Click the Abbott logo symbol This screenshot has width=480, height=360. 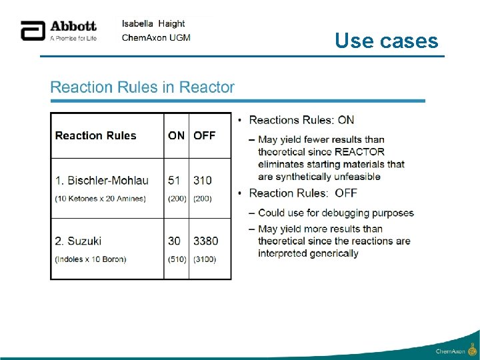[32, 31]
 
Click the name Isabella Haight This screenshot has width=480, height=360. [153, 23]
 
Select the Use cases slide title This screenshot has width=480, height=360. [387, 41]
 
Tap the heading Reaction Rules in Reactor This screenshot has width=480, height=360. [143, 87]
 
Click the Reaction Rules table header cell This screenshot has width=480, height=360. [95, 135]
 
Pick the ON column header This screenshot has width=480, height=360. [177, 135]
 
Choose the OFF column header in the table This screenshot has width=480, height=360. [205, 135]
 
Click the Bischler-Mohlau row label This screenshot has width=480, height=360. [102, 181]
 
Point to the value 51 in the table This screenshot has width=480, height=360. [175, 181]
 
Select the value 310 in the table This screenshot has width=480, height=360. [203, 181]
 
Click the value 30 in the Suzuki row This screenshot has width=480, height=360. [175, 241]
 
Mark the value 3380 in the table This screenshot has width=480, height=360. [206, 241]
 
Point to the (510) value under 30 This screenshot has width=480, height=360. [177, 259]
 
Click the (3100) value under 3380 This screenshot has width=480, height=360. [205, 259]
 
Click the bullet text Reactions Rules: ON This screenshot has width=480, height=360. [301, 120]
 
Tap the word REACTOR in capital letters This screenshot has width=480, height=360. [360, 151]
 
